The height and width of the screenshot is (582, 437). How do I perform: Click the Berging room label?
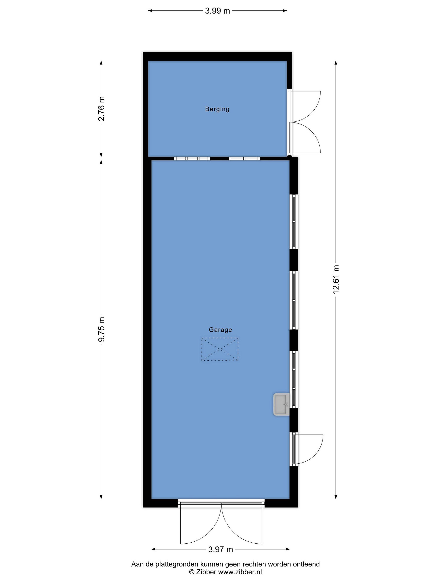[217, 109]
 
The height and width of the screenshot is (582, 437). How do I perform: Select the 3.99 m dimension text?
[217, 11]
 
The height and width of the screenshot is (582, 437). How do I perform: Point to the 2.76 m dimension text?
[101, 108]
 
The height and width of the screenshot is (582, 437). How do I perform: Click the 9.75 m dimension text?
[101, 329]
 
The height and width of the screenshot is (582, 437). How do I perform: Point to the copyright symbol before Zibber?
[192, 572]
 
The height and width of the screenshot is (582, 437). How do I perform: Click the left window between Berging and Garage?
[192, 159]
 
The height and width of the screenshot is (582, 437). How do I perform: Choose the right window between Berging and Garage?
[244, 159]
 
